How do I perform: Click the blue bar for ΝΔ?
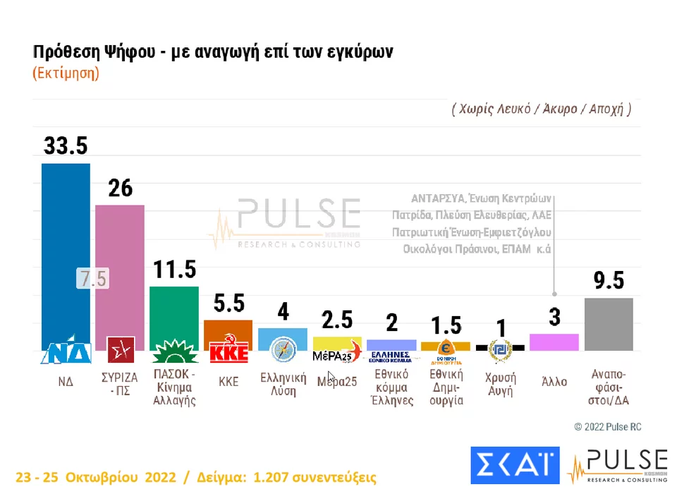[x=66, y=247]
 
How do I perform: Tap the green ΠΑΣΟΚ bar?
[x=174, y=311]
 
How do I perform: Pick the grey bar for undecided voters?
[x=609, y=325]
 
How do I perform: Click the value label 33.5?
[x=66, y=145]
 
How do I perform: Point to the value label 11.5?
[x=174, y=270]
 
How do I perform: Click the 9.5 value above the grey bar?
[x=609, y=281]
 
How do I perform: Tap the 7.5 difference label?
[x=92, y=279]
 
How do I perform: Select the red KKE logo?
[x=228, y=351]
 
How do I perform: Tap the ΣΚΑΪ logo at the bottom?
[x=514, y=466]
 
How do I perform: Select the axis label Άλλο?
[x=554, y=381]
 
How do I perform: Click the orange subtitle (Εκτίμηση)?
[x=66, y=73]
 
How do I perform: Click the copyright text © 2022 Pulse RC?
[x=607, y=427]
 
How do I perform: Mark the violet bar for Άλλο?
[x=554, y=342]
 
